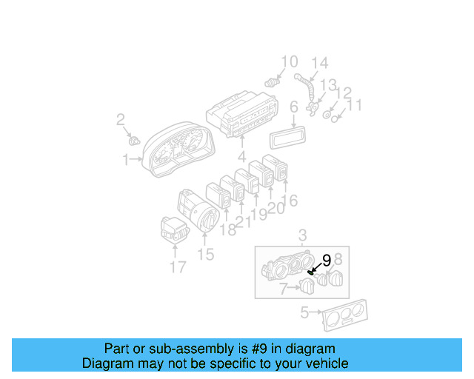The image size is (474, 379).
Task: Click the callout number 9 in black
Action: tap(326, 261)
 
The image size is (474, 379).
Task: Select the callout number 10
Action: tap(289, 62)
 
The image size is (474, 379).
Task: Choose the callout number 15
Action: tap(205, 255)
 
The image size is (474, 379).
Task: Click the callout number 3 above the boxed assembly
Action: tap(302, 236)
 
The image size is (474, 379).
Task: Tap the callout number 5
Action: tap(304, 312)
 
